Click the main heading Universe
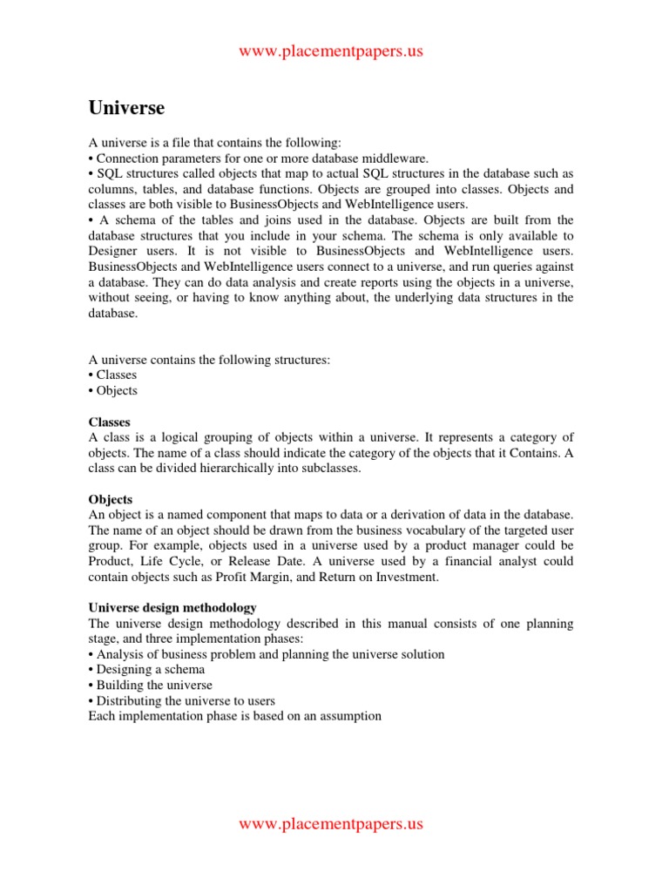point(126,109)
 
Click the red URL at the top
point(331,51)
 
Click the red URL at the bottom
point(331,823)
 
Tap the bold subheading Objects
point(111,499)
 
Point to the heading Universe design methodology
point(172,607)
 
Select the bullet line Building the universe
point(149,685)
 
